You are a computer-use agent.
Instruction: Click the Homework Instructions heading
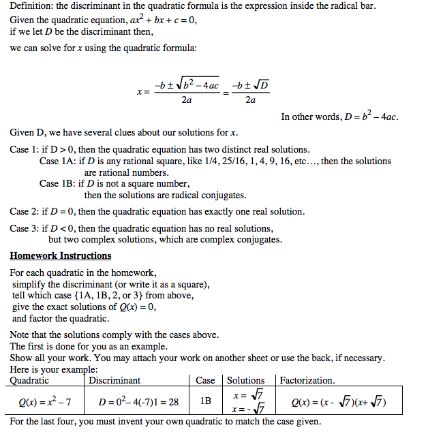(x=61, y=256)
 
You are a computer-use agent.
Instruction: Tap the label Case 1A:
(x=58, y=161)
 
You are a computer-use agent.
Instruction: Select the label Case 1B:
(x=58, y=184)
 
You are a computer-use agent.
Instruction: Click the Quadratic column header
(x=29, y=380)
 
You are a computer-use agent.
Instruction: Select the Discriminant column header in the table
(x=114, y=380)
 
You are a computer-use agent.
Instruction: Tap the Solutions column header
(x=245, y=380)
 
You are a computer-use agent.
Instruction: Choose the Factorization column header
(x=307, y=380)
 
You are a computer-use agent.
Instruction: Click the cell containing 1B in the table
(x=205, y=401)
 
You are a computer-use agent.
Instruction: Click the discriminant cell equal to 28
(x=138, y=402)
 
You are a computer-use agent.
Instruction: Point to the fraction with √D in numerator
(x=250, y=93)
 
